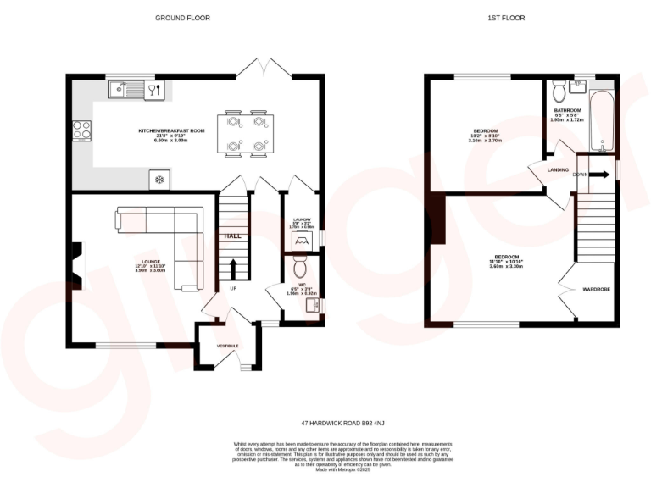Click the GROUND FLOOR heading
pyautogui.click(x=183, y=17)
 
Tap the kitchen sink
pyautogui.click(x=122, y=88)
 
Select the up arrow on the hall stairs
pyautogui.click(x=232, y=268)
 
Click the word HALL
pyautogui.click(x=231, y=236)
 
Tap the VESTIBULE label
pyautogui.click(x=227, y=347)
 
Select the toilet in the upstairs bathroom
pyautogui.click(x=558, y=89)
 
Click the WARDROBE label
pyautogui.click(x=596, y=290)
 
